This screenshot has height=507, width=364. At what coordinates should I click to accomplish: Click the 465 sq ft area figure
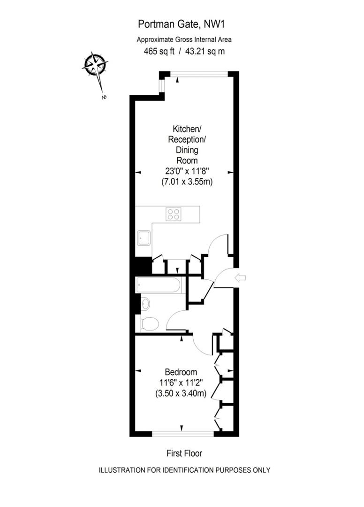point(159,51)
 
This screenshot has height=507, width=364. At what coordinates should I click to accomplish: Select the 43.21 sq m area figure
point(205,51)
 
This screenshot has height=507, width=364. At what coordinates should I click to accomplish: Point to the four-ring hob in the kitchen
point(173,214)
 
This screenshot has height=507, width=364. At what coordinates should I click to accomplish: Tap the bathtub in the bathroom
point(158,285)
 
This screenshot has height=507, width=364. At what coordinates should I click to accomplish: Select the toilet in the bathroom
point(149,323)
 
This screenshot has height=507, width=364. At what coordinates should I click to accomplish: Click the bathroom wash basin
point(145,304)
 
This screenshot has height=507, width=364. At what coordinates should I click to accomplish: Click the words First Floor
point(184,453)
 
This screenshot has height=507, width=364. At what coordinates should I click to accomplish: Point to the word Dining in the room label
point(187,150)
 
